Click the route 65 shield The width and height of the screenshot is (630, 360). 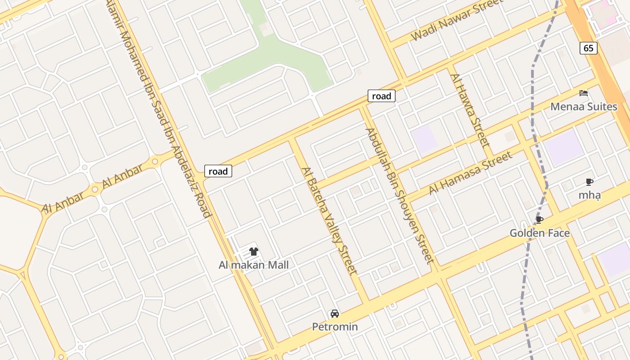(589, 48)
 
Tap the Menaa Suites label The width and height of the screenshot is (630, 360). (584, 107)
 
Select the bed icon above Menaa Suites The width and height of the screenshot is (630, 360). (584, 94)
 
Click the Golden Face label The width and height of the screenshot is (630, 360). (540, 233)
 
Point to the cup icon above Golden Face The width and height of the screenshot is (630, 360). (539, 220)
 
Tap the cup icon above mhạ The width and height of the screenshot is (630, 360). (589, 182)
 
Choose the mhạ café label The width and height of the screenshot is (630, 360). (589, 195)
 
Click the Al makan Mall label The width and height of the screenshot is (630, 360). (254, 265)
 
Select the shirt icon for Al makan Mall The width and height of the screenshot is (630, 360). (254, 251)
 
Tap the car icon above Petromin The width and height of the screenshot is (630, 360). (335, 314)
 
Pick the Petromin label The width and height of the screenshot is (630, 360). (335, 327)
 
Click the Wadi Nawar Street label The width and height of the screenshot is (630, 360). (456, 20)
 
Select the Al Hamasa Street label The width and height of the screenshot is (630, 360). (470, 173)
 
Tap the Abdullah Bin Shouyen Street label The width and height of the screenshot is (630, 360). (399, 195)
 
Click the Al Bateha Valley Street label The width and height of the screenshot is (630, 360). (329, 220)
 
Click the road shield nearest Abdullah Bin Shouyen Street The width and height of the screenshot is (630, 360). (382, 96)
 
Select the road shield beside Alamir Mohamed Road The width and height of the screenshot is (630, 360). (218, 171)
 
